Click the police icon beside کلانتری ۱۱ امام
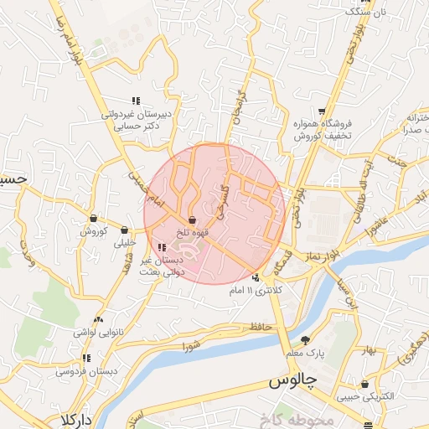pos(256,278)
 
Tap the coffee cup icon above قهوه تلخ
pos(193,219)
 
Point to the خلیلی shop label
pos(124,242)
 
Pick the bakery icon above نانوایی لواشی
pos(100,319)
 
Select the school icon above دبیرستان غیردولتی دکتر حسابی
pos(134,101)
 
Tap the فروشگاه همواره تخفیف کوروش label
pos(321,127)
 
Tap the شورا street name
pos(192,344)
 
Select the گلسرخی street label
pos(221,201)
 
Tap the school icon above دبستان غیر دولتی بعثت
pos(162,247)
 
